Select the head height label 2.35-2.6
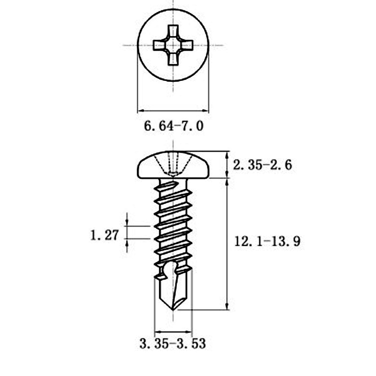coord(263,165)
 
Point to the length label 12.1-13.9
coord(266,242)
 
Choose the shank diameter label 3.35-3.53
coord(172,344)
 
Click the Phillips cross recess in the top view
coord(173,45)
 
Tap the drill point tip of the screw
coord(174,309)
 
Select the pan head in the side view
coord(173,165)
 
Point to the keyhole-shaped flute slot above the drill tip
coord(170,270)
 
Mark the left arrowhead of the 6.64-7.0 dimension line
coord(140,111)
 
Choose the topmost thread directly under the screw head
coord(173,187)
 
